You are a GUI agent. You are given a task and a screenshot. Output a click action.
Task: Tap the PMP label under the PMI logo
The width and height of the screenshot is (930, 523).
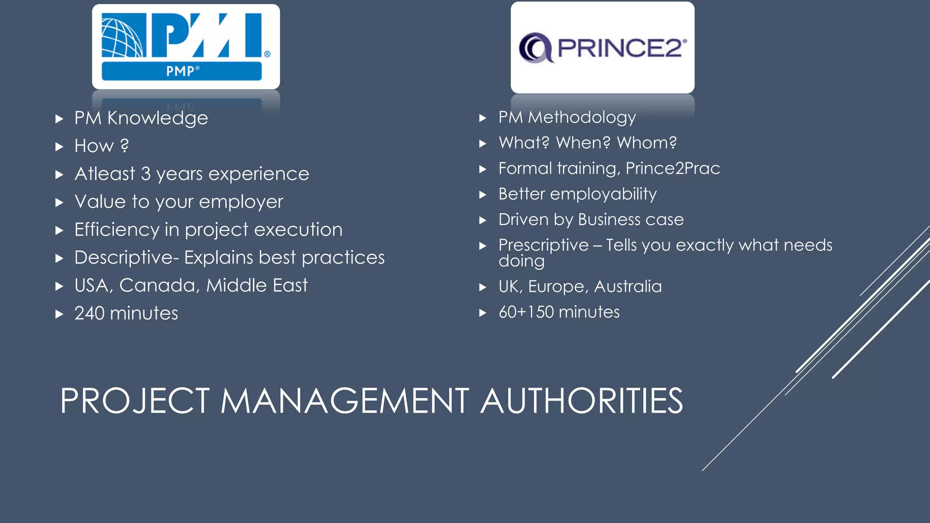click(x=182, y=71)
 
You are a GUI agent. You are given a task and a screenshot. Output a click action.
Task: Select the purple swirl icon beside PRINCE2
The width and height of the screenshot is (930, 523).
click(x=535, y=48)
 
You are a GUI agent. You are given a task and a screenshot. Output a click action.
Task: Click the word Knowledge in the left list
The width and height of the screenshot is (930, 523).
click(x=158, y=118)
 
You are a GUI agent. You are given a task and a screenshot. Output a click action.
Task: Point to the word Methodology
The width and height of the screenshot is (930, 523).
click(x=582, y=118)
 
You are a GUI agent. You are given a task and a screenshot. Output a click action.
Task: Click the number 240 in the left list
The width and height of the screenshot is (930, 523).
click(x=89, y=313)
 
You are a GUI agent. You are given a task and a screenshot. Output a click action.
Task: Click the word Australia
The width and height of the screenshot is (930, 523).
click(x=628, y=286)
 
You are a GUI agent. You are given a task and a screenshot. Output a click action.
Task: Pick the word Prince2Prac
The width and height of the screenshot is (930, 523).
click(x=673, y=168)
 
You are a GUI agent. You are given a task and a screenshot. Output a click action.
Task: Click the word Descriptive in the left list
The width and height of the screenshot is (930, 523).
click(x=124, y=258)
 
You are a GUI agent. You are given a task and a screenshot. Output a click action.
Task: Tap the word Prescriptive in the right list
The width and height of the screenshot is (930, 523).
click(x=543, y=245)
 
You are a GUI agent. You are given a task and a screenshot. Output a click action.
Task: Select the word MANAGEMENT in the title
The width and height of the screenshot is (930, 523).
click(x=344, y=401)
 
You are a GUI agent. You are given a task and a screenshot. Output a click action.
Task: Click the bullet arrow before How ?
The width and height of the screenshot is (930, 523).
click(x=59, y=147)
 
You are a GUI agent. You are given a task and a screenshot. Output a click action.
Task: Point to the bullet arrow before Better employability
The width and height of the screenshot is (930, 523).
click(x=483, y=195)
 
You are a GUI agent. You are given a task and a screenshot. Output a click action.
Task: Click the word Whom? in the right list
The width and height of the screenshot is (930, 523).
click(x=647, y=143)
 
